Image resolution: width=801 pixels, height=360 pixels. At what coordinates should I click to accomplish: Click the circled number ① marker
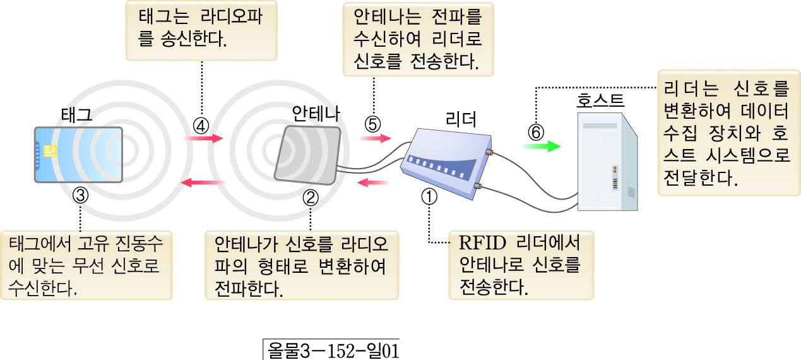(429, 196)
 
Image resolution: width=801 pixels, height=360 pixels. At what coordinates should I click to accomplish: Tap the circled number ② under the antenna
(311, 196)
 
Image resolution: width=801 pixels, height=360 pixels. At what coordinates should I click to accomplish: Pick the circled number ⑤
(372, 124)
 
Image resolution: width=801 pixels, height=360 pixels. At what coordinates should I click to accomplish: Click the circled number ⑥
(535, 133)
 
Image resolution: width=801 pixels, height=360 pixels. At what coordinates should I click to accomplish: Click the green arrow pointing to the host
(540, 147)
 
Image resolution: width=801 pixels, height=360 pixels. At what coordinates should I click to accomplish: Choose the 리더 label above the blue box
(461, 118)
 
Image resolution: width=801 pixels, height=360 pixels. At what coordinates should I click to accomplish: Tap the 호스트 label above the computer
(601, 101)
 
